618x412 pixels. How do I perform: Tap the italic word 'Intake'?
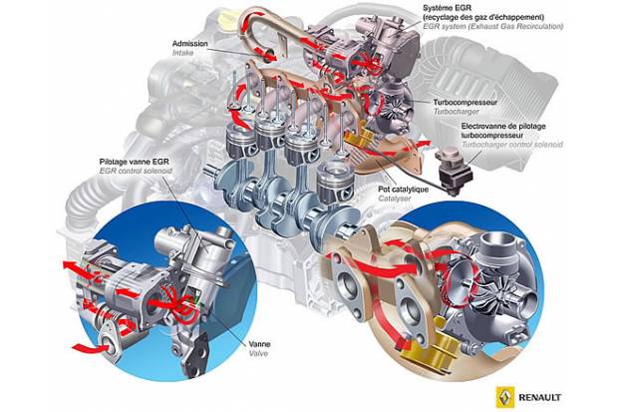(184, 54)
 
